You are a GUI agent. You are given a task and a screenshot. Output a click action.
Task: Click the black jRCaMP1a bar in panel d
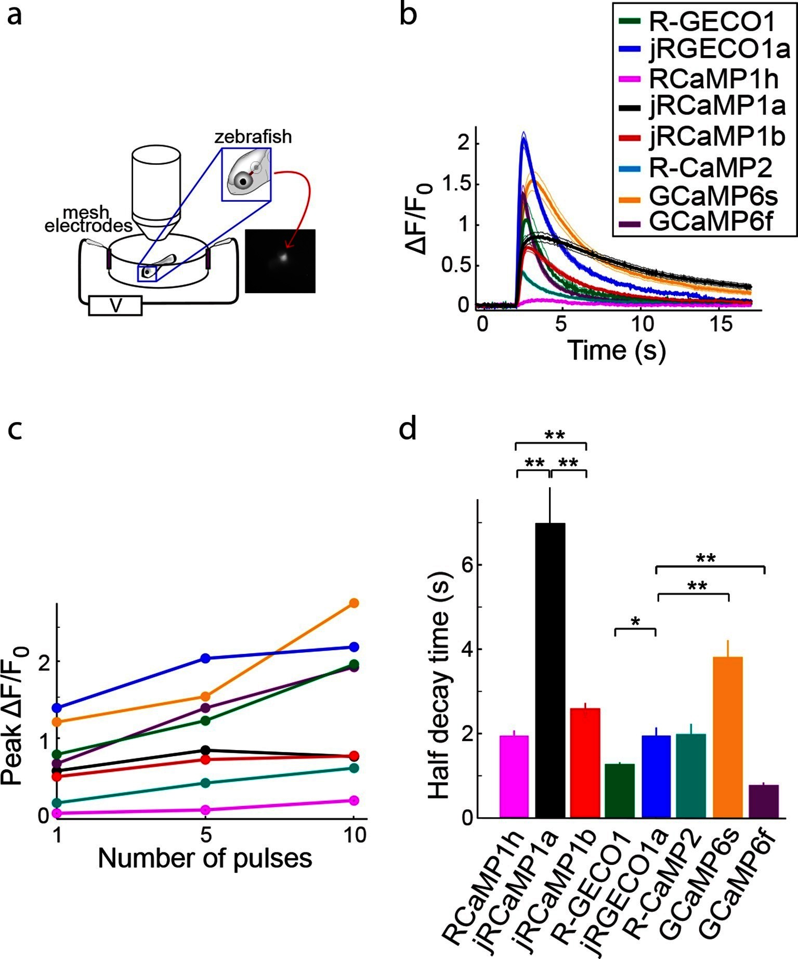550,671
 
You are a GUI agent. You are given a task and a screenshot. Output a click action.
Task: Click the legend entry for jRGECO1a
705,49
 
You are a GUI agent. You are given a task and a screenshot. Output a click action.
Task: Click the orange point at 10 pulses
354,603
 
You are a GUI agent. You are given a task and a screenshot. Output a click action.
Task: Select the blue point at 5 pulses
205,658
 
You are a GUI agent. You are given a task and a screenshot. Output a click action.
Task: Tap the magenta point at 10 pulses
354,800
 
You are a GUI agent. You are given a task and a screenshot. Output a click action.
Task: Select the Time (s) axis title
617,349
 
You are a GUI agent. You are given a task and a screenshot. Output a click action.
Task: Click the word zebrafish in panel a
253,137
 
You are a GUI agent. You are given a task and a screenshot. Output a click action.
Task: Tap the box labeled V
115,306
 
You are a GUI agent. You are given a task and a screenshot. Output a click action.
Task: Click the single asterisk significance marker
635,622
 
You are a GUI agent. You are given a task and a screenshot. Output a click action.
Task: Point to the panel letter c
15,429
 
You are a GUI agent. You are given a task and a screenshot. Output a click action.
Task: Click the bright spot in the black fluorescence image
283,256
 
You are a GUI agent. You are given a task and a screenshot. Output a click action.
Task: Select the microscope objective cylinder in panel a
156,187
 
